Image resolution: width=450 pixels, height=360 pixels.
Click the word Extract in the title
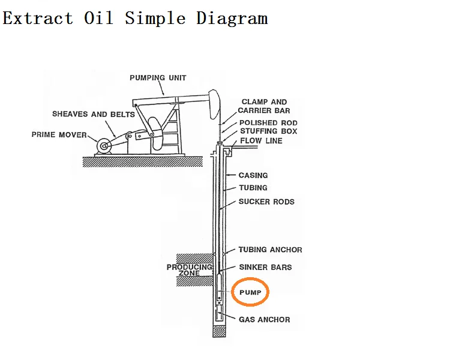[38, 18]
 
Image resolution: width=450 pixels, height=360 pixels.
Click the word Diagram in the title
[232, 18]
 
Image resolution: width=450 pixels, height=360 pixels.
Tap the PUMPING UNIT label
[158, 78]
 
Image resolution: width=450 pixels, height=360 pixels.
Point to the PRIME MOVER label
[59, 135]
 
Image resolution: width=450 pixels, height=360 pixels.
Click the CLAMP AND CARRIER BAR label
[264, 106]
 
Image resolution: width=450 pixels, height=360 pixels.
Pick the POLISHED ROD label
[268, 123]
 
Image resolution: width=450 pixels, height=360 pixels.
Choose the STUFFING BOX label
[268, 131]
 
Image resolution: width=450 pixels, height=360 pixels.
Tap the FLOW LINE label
[261, 141]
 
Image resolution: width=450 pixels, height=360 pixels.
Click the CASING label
[253, 175]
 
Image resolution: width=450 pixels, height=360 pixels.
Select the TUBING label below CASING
[253, 188]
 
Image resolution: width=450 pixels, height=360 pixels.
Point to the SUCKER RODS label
[266, 202]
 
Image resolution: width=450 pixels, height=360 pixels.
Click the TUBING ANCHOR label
[270, 250]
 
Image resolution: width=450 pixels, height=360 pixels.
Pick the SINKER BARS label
[265, 267]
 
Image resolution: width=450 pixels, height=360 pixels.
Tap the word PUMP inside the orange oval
[250, 293]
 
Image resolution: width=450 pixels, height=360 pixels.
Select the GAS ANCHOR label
[264, 320]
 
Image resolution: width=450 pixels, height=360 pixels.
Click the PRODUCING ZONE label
[189, 270]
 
